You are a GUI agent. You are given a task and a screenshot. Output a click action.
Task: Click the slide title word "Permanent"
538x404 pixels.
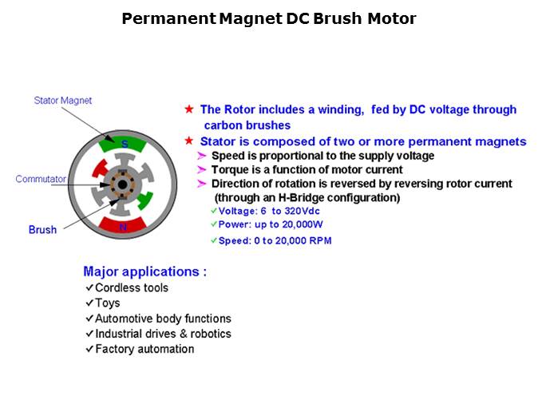pos(168,18)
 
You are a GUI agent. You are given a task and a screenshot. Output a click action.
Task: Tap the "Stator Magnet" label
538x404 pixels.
pos(63,101)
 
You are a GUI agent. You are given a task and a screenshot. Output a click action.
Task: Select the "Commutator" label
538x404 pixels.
pos(41,179)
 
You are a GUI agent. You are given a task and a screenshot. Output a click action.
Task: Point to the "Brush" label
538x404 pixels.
pos(42,229)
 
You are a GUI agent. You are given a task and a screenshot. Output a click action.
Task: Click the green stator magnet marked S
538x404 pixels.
pos(122,145)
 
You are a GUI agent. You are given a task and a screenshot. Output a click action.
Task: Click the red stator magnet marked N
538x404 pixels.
pos(122,225)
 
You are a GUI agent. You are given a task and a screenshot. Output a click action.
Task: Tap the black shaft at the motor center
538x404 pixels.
pos(122,184)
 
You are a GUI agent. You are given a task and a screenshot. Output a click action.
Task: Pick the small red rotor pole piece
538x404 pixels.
pos(101,168)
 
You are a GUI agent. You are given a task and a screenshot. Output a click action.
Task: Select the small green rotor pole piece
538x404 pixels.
pos(144,200)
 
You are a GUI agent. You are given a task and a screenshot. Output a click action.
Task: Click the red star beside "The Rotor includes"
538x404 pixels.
pos(189,109)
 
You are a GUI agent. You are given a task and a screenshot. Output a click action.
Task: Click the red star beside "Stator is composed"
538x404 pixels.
pos(189,141)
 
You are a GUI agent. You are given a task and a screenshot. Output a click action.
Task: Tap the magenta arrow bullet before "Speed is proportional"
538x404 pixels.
pos(202,156)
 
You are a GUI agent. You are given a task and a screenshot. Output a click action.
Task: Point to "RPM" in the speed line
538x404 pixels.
pos(320,240)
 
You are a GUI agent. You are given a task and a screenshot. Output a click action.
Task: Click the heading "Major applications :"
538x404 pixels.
pos(144,271)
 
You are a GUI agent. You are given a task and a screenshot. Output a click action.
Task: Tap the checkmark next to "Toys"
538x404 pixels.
pos(89,303)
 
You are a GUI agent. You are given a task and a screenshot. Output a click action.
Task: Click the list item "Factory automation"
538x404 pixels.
pos(144,349)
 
